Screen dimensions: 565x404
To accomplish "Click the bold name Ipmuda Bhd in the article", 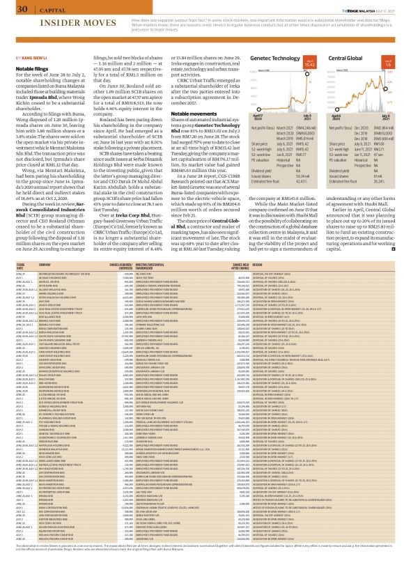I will (85, 91).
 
